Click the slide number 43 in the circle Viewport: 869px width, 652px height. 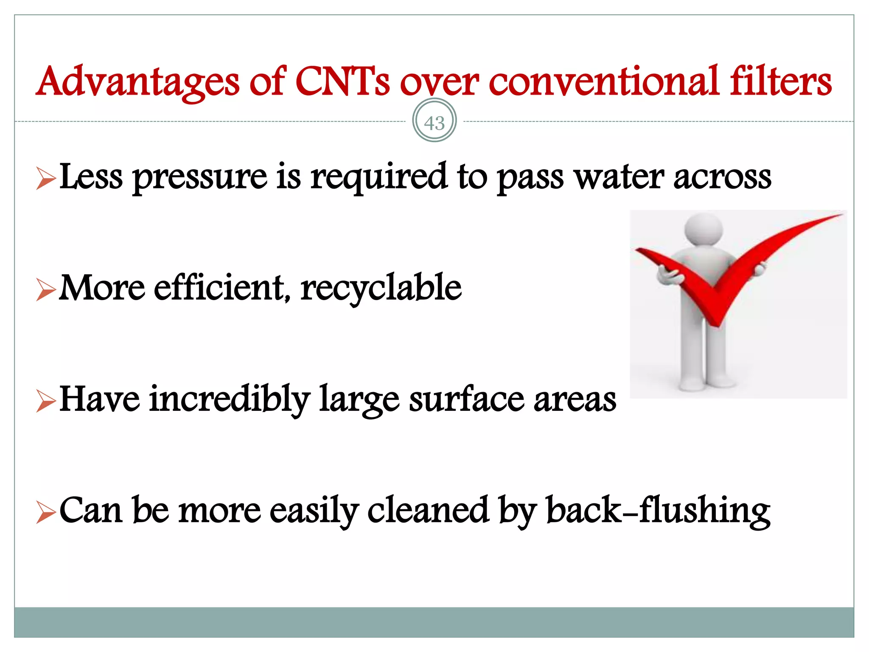click(x=434, y=123)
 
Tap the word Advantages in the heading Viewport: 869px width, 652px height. click(x=138, y=82)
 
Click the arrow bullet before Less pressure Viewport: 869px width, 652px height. click(x=46, y=178)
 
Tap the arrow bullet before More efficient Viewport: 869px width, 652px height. click(x=46, y=289)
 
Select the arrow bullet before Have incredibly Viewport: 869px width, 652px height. click(x=46, y=401)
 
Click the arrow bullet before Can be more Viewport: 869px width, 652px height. click(x=46, y=512)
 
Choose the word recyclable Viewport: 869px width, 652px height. click(x=381, y=289)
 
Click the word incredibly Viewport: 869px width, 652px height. click(x=229, y=400)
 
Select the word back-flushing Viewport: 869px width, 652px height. click(x=658, y=511)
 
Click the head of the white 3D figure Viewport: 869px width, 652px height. click(x=704, y=228)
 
